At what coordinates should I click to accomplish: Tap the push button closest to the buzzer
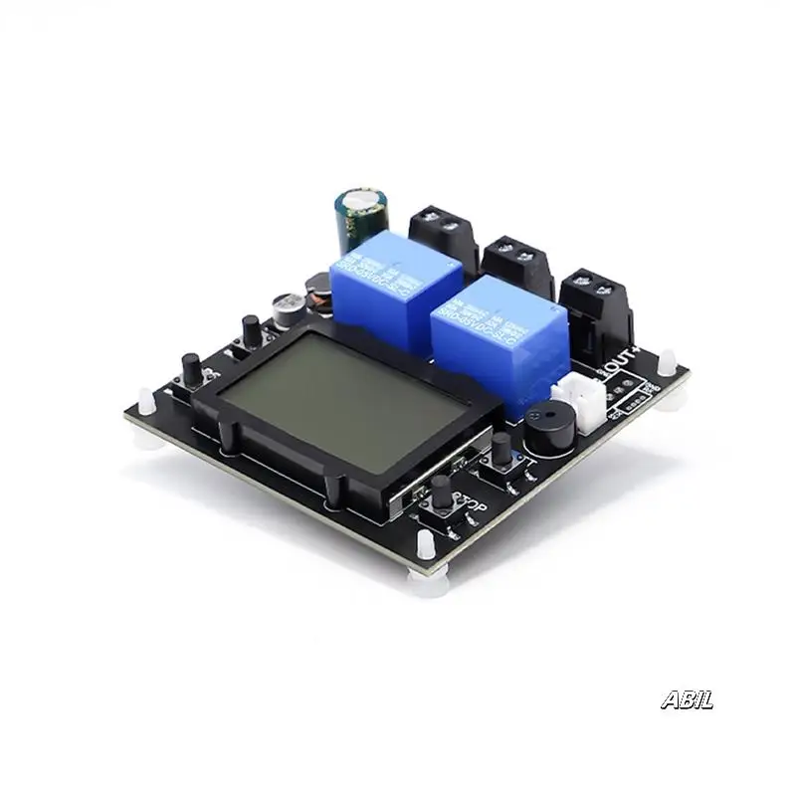point(500,450)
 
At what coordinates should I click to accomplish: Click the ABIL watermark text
point(687,700)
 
